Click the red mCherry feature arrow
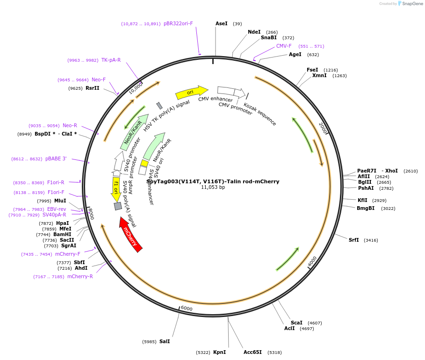pyautogui.click(x=130, y=234)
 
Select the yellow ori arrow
pyautogui.click(x=191, y=92)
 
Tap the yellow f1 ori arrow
pyautogui.click(x=116, y=189)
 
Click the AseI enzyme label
pyautogui.click(x=222, y=23)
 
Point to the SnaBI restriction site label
pyautogui.click(x=269, y=38)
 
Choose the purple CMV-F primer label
pyautogui.click(x=284, y=46)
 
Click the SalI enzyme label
pyautogui.click(x=165, y=341)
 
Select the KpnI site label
pyautogui.click(x=219, y=352)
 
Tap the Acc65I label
pyautogui.click(x=252, y=352)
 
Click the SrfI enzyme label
pyautogui.click(x=354, y=240)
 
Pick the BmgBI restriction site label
pyautogui.click(x=366, y=208)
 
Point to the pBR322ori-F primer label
pyautogui.click(x=178, y=23)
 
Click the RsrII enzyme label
pyautogui.click(x=93, y=88)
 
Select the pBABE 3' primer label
pyautogui.click(x=56, y=159)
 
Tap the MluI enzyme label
pyautogui.click(x=60, y=201)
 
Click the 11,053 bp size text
pyautogui.click(x=213, y=187)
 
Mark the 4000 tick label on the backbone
pyautogui.click(x=312, y=262)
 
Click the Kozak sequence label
pyautogui.click(x=260, y=114)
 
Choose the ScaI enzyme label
pyautogui.click(x=296, y=323)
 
